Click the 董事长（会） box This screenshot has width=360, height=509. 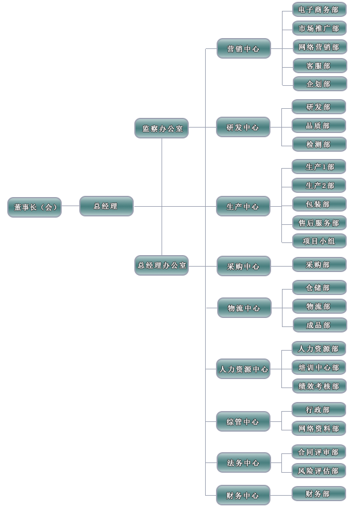[x=34, y=207]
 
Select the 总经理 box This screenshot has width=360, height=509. [x=106, y=206]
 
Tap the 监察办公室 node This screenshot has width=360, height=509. [x=162, y=128]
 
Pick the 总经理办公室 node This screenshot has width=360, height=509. [x=162, y=265]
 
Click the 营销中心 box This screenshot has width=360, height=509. [x=244, y=49]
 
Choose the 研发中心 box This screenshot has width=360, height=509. [x=243, y=127]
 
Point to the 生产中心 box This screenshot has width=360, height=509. [x=243, y=206]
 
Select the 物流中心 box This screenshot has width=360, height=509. [x=244, y=308]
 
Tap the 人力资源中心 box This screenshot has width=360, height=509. [x=243, y=369]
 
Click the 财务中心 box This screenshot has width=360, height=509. [x=243, y=495]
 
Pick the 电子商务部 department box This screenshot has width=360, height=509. [x=319, y=10]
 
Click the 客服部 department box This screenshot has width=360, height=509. [x=320, y=66]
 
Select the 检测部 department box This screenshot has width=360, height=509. [x=319, y=144]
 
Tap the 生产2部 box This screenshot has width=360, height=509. [x=319, y=186]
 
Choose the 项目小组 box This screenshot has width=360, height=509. [x=319, y=241]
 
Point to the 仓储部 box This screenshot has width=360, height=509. [x=319, y=288]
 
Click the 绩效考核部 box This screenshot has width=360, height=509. [x=319, y=386]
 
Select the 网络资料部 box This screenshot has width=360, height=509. [x=319, y=429]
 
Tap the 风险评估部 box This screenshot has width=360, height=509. [x=319, y=471]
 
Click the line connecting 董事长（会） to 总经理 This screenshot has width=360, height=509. [x=71, y=206]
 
